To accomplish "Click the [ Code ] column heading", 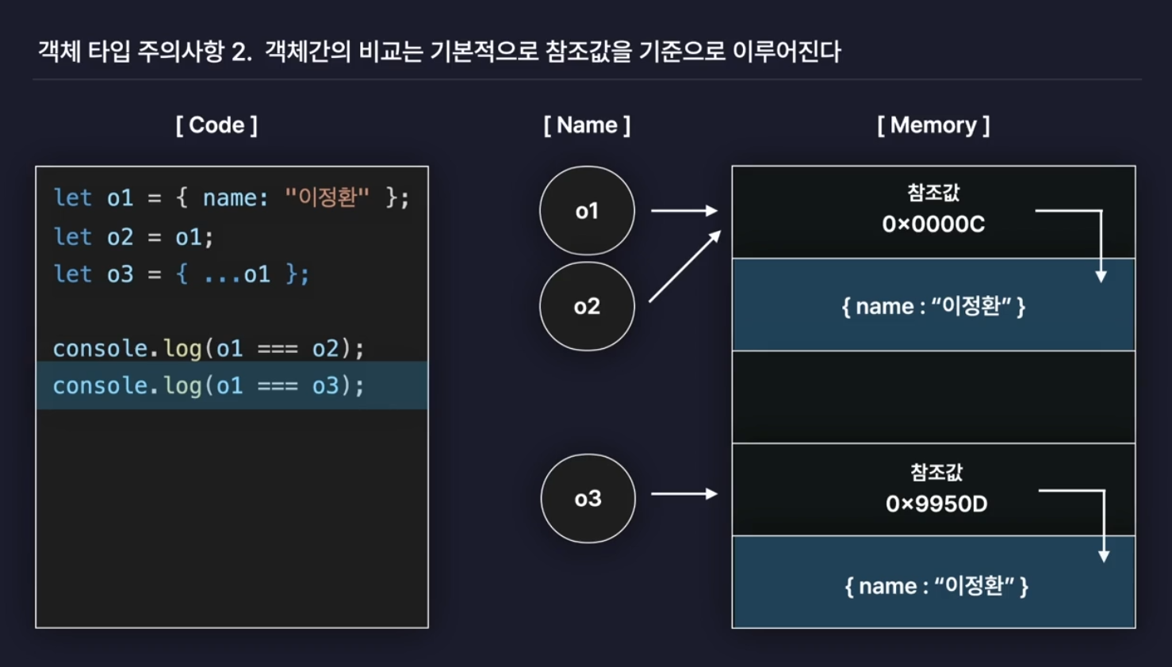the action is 216,125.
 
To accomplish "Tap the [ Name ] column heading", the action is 587,125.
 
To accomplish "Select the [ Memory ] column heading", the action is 933,125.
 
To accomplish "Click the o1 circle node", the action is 587,211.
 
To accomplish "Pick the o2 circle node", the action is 587,307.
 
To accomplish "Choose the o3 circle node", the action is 588,499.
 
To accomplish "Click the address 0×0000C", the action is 933,224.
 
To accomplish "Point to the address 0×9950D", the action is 936,504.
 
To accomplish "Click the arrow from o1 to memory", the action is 684,211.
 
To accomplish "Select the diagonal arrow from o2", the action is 685,266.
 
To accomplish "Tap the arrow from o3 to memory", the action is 684,494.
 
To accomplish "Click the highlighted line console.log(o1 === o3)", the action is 209,386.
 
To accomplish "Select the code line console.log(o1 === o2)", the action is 209,349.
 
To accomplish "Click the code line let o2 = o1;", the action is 134,237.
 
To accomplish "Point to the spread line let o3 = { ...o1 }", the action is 182,274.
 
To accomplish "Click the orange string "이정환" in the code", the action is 327,197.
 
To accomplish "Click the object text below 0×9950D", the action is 936,586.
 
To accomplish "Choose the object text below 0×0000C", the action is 933,306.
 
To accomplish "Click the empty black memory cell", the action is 933,397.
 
